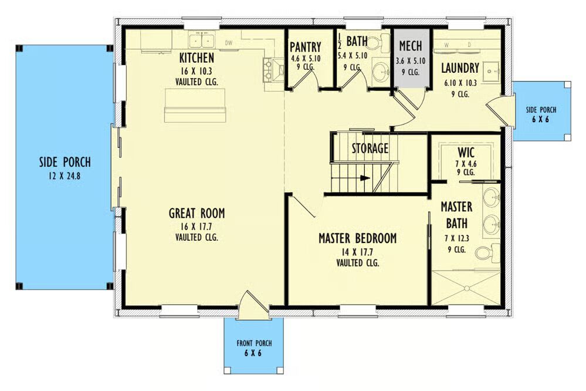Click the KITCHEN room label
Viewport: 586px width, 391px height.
point(197,58)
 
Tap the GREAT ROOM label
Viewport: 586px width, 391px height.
point(197,213)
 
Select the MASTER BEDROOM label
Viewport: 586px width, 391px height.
point(358,238)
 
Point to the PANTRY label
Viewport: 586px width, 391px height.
point(306,47)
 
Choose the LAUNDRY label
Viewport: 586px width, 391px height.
point(460,68)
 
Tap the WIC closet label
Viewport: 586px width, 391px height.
point(466,152)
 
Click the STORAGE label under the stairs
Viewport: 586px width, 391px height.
point(370,149)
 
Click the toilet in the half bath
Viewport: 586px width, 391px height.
point(382,39)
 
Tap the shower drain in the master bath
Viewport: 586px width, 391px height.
point(466,288)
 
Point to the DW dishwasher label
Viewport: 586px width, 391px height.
point(229,43)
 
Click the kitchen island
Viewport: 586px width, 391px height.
point(195,106)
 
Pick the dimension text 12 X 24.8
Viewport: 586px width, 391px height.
point(65,176)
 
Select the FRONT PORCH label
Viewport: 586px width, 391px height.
point(254,343)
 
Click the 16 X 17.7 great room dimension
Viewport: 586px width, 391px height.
point(197,227)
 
